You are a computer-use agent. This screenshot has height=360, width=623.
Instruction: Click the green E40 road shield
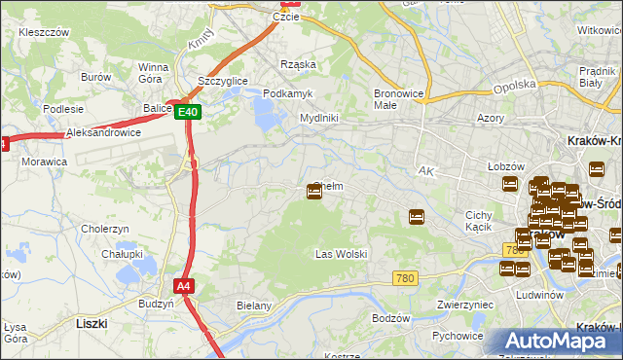click(x=189, y=113)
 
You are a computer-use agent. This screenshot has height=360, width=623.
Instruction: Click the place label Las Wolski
click(x=341, y=254)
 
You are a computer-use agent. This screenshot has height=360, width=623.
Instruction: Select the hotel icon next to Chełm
click(x=314, y=192)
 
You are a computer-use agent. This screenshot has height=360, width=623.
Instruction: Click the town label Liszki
click(x=92, y=321)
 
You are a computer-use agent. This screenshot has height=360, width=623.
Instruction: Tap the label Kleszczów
click(x=44, y=32)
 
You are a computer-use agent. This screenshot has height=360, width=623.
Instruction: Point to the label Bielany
click(x=253, y=306)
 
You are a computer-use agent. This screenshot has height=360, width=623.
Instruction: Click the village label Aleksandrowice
click(x=103, y=132)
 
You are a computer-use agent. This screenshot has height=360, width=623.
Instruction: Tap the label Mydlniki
click(x=318, y=118)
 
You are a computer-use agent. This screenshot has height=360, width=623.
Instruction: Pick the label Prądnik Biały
click(x=595, y=76)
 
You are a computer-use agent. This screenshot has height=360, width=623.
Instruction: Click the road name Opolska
click(x=515, y=86)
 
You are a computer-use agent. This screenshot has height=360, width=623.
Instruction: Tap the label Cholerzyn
click(x=106, y=229)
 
